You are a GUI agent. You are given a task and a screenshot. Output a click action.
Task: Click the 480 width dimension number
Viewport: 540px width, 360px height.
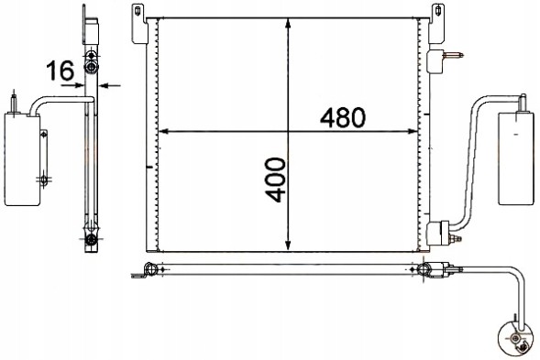pos(344,117)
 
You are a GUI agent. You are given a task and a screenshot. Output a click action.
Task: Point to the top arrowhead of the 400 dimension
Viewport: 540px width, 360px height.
pos(289,23)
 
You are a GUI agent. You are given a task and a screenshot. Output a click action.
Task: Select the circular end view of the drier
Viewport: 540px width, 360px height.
pos(514,339)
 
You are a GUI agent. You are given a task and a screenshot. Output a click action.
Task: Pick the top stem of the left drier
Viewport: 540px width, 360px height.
pos(14,100)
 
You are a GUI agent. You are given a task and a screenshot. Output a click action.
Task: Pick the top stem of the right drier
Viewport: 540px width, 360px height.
pos(521,100)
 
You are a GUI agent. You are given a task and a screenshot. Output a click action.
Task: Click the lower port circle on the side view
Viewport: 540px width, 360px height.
pos(92,241)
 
